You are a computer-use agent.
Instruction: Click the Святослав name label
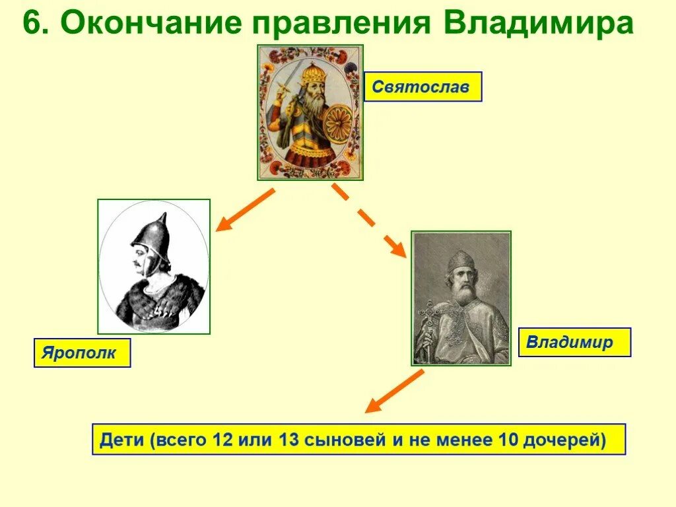click(423, 86)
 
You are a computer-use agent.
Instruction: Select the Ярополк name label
click(82, 353)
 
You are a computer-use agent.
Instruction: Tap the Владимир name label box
click(575, 343)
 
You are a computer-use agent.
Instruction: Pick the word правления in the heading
click(343, 24)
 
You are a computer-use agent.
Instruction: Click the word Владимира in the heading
click(538, 24)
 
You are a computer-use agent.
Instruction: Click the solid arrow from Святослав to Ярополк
click(245, 210)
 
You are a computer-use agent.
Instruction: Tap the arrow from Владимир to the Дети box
click(395, 391)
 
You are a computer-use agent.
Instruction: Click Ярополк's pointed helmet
click(151, 237)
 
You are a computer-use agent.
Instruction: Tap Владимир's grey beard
click(462, 293)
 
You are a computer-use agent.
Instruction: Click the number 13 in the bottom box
click(289, 439)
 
